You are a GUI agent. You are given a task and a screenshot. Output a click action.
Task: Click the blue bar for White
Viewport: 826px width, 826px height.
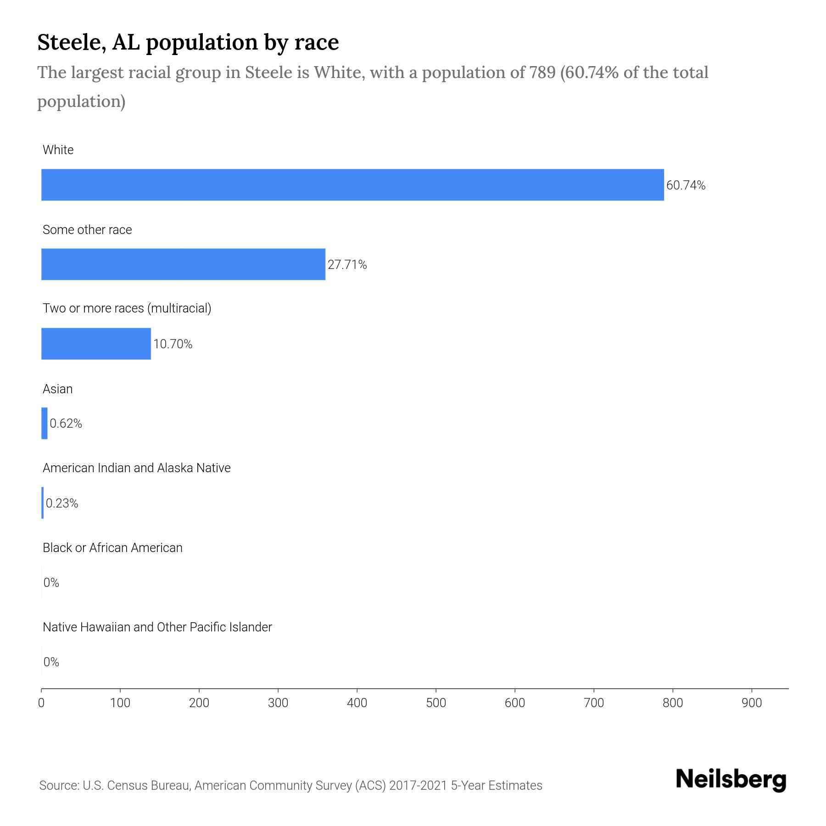click(x=352, y=184)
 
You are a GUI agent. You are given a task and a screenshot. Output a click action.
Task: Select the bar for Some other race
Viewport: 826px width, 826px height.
click(x=183, y=264)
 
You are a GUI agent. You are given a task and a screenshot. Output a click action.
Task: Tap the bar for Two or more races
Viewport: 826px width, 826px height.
click(x=96, y=344)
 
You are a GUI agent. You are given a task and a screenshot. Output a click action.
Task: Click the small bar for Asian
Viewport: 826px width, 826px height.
click(x=45, y=423)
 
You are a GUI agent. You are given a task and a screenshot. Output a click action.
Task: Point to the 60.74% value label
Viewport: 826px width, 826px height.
click(x=686, y=185)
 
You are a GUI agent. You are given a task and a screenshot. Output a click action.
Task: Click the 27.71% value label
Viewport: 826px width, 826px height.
click(x=347, y=265)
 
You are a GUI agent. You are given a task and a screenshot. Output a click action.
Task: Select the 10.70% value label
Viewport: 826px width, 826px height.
click(x=173, y=344)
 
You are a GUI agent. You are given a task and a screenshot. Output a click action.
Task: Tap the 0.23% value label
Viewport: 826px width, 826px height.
click(x=62, y=503)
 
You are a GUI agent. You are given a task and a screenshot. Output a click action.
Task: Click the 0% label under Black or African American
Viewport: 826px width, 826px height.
click(x=51, y=583)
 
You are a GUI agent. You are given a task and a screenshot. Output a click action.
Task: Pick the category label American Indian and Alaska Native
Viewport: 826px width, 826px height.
click(x=136, y=468)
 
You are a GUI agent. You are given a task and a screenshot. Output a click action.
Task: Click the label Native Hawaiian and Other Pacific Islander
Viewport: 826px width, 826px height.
click(x=157, y=627)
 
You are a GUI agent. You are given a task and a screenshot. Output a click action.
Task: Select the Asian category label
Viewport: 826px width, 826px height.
click(x=57, y=389)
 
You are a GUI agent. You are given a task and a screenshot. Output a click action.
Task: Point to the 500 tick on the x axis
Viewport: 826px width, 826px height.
click(x=435, y=703)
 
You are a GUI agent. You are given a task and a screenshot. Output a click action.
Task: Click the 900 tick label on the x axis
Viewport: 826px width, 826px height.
click(x=752, y=703)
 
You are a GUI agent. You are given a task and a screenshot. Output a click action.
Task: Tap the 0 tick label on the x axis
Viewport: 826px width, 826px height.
click(x=41, y=703)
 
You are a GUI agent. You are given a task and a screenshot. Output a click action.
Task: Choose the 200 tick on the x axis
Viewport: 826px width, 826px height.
click(x=199, y=703)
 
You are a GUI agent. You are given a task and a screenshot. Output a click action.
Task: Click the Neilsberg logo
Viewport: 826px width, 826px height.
click(x=731, y=780)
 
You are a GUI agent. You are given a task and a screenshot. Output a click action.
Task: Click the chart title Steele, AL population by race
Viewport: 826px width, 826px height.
click(x=188, y=42)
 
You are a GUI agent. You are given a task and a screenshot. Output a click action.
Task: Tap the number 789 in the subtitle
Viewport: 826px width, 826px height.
click(x=542, y=73)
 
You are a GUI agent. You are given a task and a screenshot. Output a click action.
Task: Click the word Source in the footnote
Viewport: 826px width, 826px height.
click(x=58, y=786)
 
